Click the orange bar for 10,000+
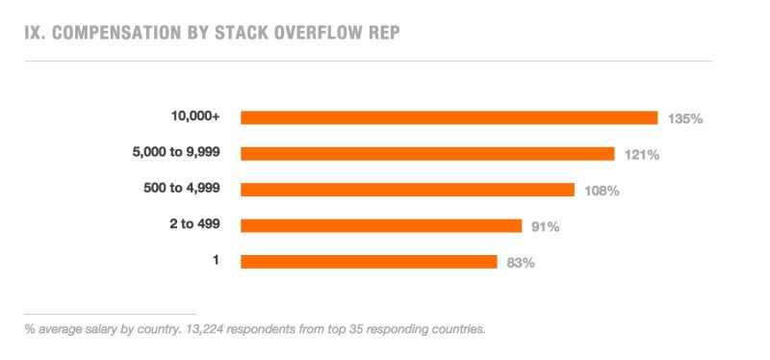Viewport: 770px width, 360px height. point(449,117)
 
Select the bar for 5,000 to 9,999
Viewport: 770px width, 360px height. point(427,154)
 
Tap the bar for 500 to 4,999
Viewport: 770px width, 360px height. point(407,190)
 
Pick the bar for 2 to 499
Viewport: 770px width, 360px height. point(381,225)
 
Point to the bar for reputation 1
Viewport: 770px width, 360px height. point(369,262)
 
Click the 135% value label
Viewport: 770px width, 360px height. point(685,118)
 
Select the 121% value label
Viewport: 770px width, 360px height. point(641,154)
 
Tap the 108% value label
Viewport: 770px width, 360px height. point(602,191)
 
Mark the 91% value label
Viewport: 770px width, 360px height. point(545,226)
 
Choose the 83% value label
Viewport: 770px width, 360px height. point(521,262)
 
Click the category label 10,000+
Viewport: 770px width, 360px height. point(195,116)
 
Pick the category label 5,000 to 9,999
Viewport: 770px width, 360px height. point(176,152)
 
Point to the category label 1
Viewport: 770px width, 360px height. point(217,260)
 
